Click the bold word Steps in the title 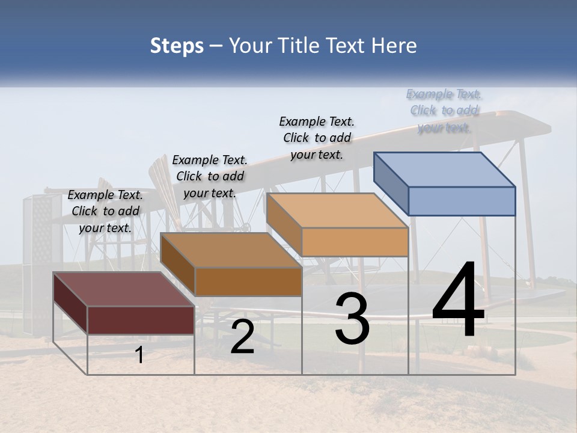177,46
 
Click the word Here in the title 394,46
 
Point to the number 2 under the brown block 242,337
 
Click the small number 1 139,355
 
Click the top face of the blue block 445,169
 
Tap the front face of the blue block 462,201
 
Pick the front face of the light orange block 355,242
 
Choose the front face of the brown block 248,281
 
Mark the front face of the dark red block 141,320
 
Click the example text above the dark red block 105,212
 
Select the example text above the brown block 210,177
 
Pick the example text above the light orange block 317,138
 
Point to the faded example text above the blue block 444,111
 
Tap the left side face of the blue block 391,183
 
